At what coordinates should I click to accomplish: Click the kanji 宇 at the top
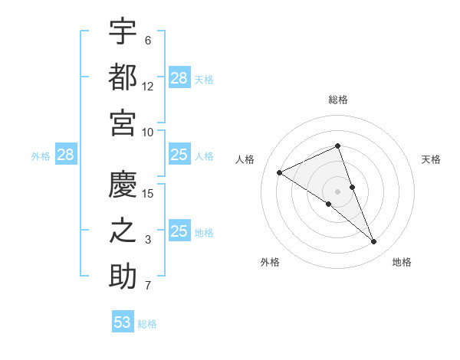(x=123, y=32)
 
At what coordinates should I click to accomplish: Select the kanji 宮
(x=123, y=123)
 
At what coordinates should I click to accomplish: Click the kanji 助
(x=123, y=277)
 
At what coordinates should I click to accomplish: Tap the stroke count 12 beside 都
(x=148, y=86)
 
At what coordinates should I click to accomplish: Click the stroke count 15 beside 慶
(x=148, y=193)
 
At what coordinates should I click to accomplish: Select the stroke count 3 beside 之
(x=148, y=240)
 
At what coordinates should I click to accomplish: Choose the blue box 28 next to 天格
(x=179, y=78)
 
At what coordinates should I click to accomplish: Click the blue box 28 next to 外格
(x=65, y=155)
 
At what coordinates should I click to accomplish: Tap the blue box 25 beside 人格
(x=179, y=155)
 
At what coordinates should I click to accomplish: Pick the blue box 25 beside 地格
(x=179, y=231)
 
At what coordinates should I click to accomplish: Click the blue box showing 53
(x=123, y=322)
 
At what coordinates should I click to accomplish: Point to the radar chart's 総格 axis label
(x=338, y=100)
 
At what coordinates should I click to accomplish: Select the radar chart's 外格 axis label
(x=270, y=262)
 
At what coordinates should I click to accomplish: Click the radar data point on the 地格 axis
(x=374, y=242)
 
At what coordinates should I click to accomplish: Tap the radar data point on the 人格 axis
(x=280, y=172)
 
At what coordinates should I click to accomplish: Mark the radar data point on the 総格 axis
(x=338, y=146)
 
